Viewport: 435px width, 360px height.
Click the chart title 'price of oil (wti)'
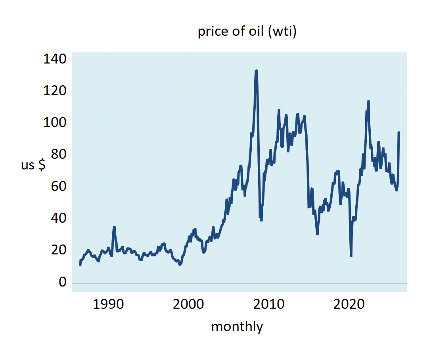(247, 32)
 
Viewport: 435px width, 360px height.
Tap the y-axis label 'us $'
(33, 165)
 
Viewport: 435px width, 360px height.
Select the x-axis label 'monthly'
(237, 327)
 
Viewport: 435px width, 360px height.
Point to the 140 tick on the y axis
(55, 60)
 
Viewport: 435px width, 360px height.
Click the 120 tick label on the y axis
(55, 91)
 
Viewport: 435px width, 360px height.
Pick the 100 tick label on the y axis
(55, 123)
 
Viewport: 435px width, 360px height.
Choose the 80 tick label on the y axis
(59, 155)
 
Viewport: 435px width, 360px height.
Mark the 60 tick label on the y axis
(59, 187)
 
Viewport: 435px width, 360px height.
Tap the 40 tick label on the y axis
(59, 218)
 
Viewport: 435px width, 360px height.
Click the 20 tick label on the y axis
(59, 250)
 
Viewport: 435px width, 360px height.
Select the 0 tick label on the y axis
(62, 282)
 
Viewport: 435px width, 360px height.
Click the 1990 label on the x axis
(108, 305)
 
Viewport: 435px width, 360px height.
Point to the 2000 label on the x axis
(188, 305)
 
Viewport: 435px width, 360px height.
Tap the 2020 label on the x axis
(349, 305)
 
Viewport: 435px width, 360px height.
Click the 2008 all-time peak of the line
(257, 71)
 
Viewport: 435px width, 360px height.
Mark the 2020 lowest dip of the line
(351, 256)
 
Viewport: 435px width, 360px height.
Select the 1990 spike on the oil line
(114, 227)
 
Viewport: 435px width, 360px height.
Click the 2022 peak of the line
(368, 102)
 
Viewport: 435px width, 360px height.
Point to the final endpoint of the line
(399, 133)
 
